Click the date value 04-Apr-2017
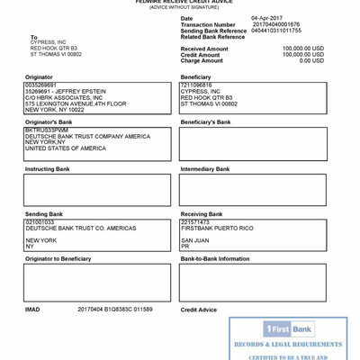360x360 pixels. click(x=267, y=18)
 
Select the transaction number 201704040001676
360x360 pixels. click(x=275, y=24)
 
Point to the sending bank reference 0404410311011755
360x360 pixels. click(x=276, y=31)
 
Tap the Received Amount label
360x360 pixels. click(x=204, y=49)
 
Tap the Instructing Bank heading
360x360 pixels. click(x=47, y=169)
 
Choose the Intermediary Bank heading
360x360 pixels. click(x=206, y=169)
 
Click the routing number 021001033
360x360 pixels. click(x=40, y=221)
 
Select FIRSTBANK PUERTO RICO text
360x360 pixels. click(x=217, y=228)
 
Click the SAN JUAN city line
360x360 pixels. click(x=194, y=240)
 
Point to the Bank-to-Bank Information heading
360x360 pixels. click(x=214, y=259)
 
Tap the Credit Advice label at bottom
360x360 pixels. click(x=198, y=310)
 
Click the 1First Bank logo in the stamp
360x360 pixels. click(x=289, y=329)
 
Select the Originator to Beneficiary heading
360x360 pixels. click(x=58, y=259)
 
